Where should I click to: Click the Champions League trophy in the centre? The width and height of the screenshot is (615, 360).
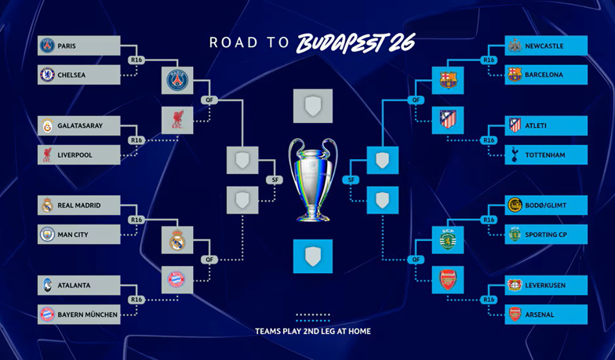312,179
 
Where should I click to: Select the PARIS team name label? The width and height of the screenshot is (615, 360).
67,46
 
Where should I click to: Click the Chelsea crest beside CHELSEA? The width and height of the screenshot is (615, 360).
47,75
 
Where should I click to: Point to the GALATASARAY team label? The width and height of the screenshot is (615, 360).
79,125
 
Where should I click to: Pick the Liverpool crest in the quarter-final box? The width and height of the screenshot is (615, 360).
176,119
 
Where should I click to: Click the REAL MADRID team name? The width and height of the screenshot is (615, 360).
78,205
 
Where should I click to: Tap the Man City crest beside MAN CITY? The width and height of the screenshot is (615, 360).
47,235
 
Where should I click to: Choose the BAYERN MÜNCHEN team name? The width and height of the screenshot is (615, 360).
87,315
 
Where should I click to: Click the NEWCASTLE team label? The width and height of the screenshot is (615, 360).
544,46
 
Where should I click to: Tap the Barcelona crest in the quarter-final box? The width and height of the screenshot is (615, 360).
448,78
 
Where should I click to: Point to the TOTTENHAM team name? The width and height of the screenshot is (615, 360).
545,155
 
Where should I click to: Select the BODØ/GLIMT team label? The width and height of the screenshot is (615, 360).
545,205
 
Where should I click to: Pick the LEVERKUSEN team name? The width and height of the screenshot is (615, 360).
545,285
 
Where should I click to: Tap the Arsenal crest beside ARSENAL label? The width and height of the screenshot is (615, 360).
515,315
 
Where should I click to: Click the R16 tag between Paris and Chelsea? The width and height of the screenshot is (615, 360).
137,60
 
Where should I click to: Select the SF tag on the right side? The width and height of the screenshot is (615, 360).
352,180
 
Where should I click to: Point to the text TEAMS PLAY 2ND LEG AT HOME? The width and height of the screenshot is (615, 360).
313,332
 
